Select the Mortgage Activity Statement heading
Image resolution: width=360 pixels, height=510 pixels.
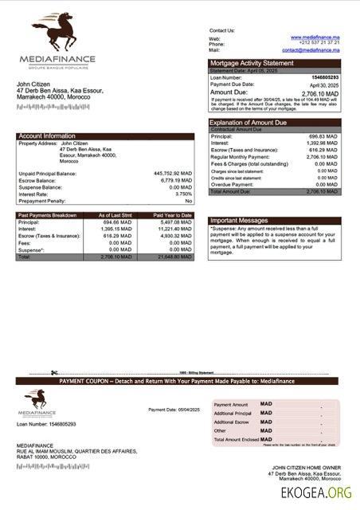[252, 63]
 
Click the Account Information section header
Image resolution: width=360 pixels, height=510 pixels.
[47, 136]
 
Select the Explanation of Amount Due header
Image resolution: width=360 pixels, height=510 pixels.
[248, 123]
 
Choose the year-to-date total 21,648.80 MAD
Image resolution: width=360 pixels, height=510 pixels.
[173, 257]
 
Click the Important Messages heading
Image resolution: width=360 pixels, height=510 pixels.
[238, 221]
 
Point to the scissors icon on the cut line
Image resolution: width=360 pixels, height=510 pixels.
[54, 373]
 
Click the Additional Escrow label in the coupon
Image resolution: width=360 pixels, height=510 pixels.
[233, 422]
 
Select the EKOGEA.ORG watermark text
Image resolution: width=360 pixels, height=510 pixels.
[315, 493]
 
